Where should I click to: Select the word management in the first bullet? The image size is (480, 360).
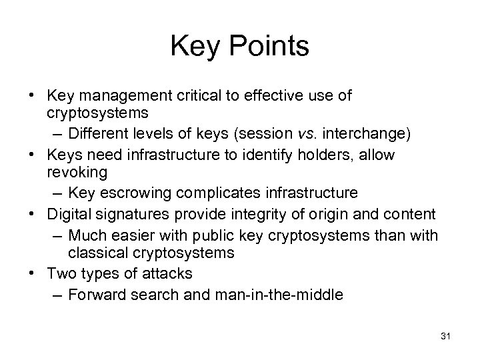[x=113, y=97]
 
